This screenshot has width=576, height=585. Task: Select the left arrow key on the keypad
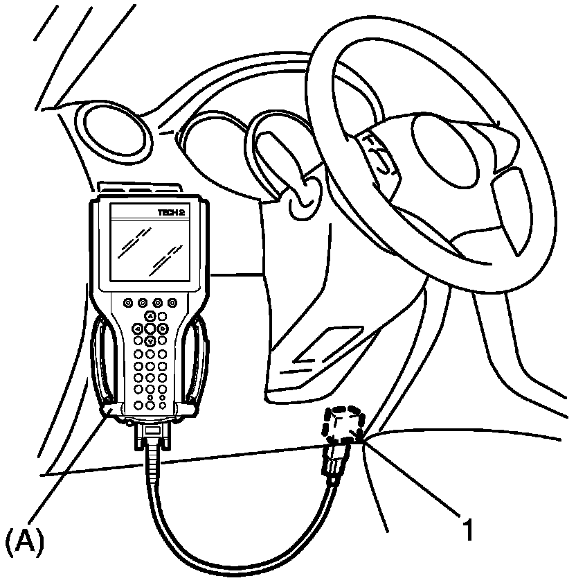(138, 329)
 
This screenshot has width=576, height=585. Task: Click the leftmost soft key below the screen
(128, 303)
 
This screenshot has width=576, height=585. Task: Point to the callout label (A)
(24, 540)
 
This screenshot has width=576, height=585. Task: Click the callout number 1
(468, 530)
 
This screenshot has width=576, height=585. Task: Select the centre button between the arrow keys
(150, 329)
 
